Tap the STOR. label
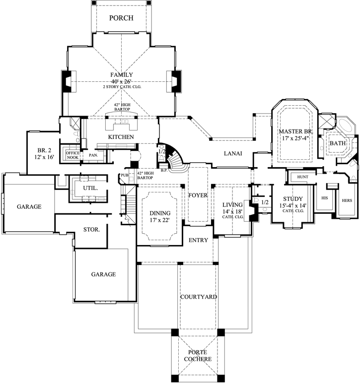92,230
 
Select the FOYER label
198,195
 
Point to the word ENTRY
198,241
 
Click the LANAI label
232,154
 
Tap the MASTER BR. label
294,131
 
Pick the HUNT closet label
303,177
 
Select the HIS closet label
325,197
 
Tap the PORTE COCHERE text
196,355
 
